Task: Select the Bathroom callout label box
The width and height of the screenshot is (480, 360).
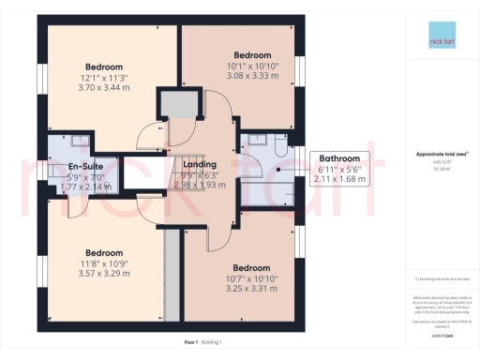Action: [x=339, y=169]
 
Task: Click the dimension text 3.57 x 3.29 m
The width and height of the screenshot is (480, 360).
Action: [x=104, y=273]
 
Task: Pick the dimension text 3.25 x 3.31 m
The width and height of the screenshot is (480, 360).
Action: [x=252, y=289]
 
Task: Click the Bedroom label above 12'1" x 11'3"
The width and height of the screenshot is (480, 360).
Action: [x=103, y=67]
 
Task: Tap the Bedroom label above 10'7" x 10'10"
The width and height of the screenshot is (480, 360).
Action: [x=252, y=267]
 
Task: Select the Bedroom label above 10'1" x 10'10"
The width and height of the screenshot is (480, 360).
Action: [x=252, y=55]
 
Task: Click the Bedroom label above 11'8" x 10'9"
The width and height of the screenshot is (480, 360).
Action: [x=104, y=252]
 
